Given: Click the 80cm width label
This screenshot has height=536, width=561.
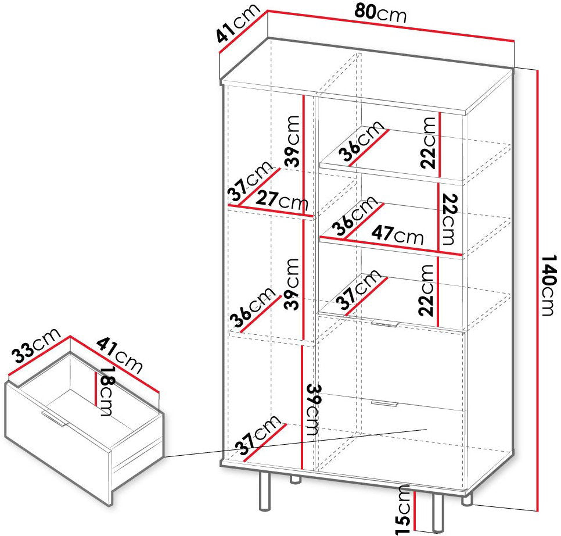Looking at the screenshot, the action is [x=380, y=15].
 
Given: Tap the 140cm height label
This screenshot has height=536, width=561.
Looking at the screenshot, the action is [x=548, y=285].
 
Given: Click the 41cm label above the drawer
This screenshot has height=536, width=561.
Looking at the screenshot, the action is [x=120, y=355].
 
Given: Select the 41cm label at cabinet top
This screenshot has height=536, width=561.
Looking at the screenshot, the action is [x=238, y=23].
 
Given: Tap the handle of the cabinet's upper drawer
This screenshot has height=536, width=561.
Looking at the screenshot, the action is [x=385, y=323].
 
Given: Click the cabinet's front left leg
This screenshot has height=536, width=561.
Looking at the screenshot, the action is [x=264, y=491].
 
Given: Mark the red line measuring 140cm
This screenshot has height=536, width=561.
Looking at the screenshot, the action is [x=537, y=290].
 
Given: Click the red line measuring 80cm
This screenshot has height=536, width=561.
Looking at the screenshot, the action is [x=391, y=27].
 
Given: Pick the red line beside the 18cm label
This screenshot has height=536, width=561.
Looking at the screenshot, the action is [x=95, y=389].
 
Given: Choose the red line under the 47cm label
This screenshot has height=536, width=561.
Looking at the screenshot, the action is [x=392, y=246].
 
